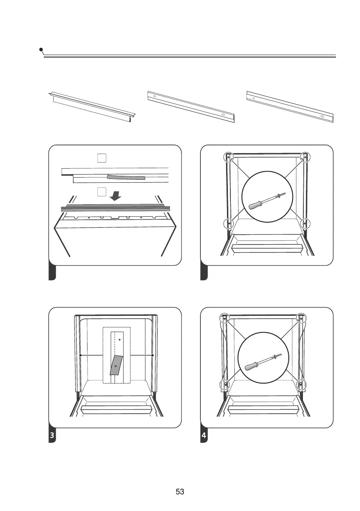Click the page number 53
tap(180, 492)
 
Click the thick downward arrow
tap(115, 195)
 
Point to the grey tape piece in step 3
tap(116, 364)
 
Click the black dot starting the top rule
tap(41, 50)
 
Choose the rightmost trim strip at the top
tap(290, 106)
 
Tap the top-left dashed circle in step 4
tap(224, 318)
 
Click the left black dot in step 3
tap(80, 356)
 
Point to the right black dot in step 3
tap(153, 356)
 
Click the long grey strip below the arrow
tap(116, 208)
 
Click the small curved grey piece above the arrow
tap(126, 177)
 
